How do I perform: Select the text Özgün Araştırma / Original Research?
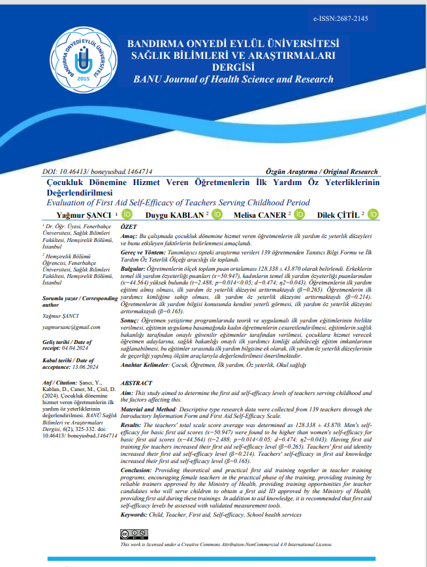(x=330, y=171)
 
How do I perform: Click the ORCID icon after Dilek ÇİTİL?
(x=373, y=214)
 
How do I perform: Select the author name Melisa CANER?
(x=265, y=214)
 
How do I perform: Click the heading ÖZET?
(x=132, y=224)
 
